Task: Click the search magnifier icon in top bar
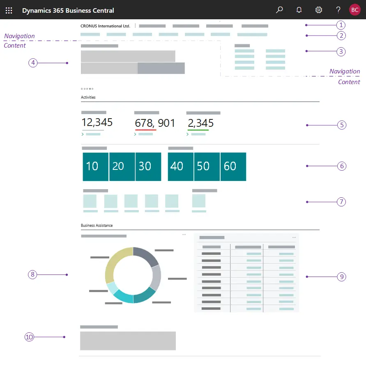[279, 10]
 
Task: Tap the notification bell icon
[299, 10]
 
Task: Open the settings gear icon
[318, 10]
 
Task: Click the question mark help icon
[338, 10]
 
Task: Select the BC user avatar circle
[355, 10]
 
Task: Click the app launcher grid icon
[9, 10]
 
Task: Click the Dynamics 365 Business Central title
[68, 10]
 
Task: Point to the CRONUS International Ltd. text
[105, 26]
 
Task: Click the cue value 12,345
[97, 123]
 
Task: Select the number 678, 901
[155, 123]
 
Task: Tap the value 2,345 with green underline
[200, 123]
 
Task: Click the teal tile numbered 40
[180, 167]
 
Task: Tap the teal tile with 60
[233, 167]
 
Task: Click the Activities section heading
[88, 97]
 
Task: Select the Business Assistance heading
[97, 225]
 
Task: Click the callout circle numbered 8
[32, 274]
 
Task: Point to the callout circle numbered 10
[29, 337]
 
